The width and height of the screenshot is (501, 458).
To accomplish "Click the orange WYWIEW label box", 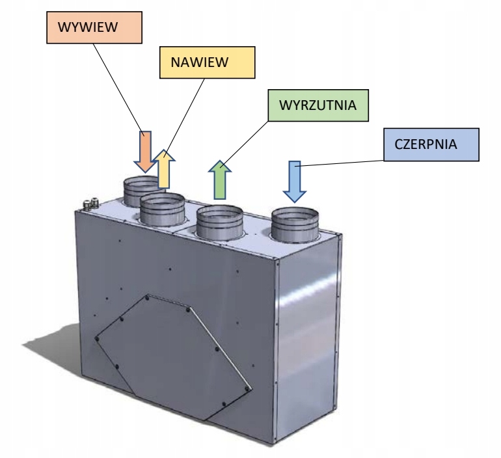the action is pos(94,27).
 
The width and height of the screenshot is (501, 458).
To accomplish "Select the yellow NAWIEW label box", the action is pos(208,62).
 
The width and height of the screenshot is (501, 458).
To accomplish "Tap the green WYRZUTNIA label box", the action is pos(318,105).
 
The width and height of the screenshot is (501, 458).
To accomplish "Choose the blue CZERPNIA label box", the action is pos(431,144).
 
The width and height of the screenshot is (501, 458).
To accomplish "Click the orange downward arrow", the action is pos(145,152).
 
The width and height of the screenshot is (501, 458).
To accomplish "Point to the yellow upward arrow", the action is pos(164,168).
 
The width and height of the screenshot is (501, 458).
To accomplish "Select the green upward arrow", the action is pos(220,180).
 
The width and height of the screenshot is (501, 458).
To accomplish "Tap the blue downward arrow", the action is pos(295,181).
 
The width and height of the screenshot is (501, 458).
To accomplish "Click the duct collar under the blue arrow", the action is pos(295,224).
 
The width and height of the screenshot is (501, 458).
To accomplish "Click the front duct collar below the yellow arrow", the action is pos(162,209).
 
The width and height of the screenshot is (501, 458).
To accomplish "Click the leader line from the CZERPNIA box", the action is pos(342,163).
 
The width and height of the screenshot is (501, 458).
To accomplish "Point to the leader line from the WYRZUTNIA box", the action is pos(244,143).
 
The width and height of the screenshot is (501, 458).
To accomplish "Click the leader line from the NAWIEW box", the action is pos(184,118).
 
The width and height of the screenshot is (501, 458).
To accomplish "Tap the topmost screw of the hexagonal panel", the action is pos(147,298).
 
